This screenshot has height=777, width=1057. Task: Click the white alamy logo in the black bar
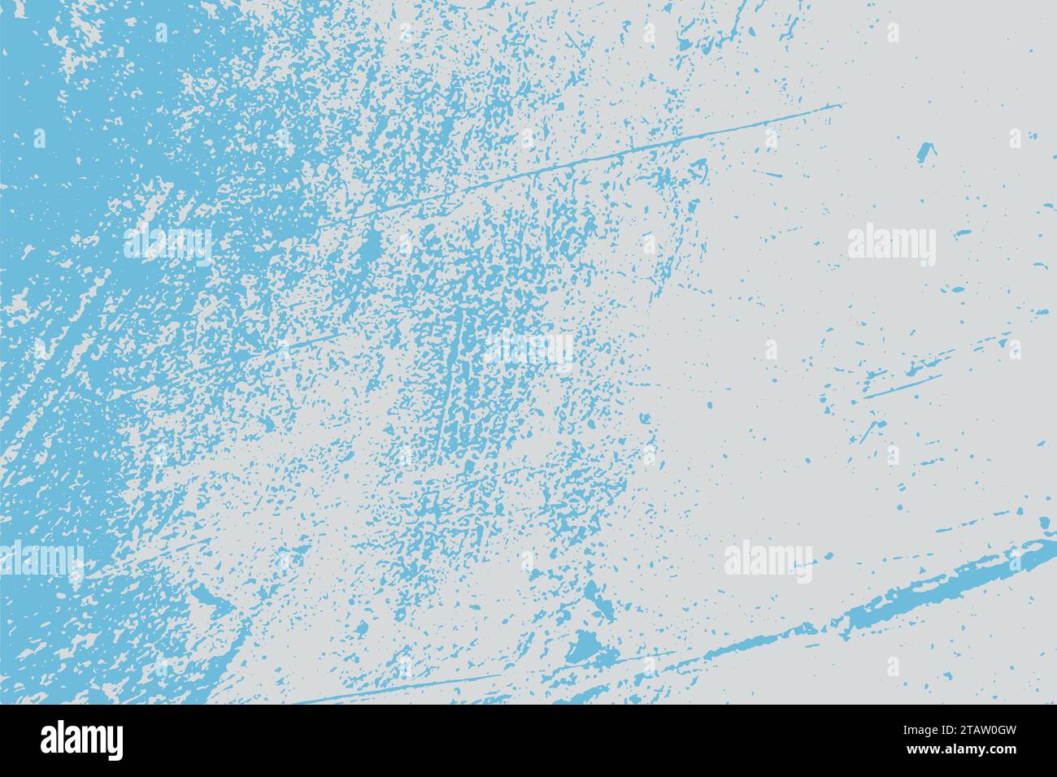[82, 740]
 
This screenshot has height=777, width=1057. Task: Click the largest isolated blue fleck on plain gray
[925, 151]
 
